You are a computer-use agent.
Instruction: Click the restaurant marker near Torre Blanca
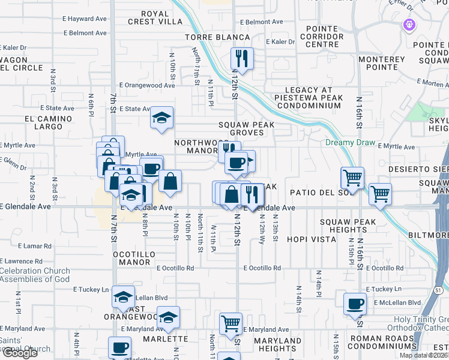(242, 58)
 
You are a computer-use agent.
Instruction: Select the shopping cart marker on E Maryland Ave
(231, 323)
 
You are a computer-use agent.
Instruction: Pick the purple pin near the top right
(409, 25)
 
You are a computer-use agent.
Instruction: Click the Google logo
(20, 353)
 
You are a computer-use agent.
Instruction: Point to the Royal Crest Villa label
(153, 17)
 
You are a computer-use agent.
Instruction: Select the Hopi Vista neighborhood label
(311, 239)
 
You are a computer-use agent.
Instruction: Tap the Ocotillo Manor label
(134, 258)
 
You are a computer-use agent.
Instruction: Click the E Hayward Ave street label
(83, 19)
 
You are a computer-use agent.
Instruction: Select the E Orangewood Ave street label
(147, 86)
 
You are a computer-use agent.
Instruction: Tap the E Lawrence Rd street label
(22, 261)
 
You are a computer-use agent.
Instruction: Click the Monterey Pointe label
(382, 64)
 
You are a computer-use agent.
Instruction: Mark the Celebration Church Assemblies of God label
(35, 275)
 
